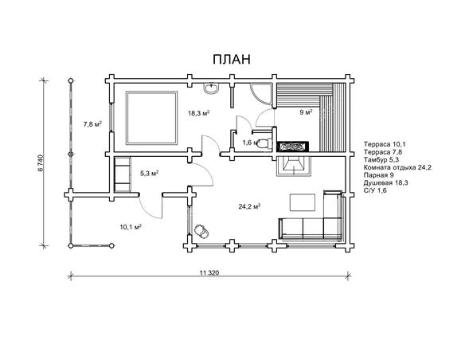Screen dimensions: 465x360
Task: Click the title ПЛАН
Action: (232, 59)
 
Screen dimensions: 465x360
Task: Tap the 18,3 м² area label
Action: (199, 113)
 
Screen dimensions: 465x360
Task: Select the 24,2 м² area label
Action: (249, 206)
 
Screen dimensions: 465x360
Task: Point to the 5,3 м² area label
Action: (149, 173)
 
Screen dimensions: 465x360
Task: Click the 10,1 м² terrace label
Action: (131, 227)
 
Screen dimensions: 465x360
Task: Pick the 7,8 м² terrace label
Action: (92, 124)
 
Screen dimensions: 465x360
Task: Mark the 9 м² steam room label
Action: (306, 112)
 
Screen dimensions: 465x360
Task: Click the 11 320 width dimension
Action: (209, 272)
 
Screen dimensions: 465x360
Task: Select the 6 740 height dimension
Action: (41, 162)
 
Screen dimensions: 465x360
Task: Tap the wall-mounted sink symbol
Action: (212, 88)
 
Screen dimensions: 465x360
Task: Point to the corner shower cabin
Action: (260, 94)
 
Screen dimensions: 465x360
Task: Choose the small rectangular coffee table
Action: (303, 202)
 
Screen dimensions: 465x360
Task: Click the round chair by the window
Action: (201, 231)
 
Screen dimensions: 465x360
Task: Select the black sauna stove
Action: (293, 147)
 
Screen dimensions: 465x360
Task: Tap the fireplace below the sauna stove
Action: (294, 166)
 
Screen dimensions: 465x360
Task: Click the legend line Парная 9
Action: (379, 175)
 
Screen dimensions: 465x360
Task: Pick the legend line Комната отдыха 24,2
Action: (397, 167)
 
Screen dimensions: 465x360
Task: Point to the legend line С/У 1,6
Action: (375, 190)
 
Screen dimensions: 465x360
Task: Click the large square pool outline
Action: (152, 118)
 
